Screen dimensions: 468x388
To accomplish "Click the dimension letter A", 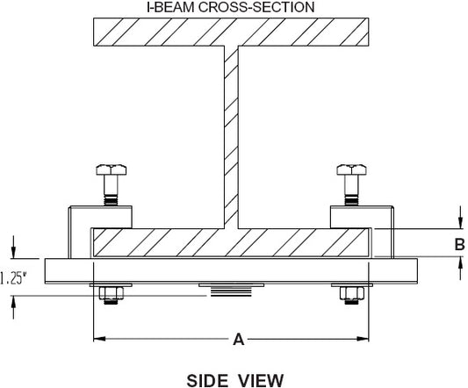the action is point(239,340).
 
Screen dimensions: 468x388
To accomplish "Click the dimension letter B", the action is point(459,244).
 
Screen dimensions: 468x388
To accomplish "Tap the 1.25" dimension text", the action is point(13,278).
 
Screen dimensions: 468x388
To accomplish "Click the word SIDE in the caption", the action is point(206,381).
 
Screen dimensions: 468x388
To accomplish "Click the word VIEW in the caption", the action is point(261,381).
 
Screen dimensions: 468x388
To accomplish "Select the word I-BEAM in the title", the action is point(170,7).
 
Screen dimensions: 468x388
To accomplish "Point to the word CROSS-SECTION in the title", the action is point(256,7).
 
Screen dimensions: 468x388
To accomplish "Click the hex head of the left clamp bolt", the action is point(111,169).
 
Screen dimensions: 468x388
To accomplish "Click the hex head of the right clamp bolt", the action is point(351,169).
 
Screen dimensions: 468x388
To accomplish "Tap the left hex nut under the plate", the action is point(111,293).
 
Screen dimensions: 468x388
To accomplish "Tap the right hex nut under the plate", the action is point(352,293).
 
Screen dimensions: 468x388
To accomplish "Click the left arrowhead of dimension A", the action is point(99,339).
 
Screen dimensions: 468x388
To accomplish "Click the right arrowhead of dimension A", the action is point(364,339).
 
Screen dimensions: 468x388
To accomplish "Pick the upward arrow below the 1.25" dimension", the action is point(13,307).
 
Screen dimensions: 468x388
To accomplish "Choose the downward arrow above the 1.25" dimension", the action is point(13,248).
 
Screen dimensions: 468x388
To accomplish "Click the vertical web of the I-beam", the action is point(231,137).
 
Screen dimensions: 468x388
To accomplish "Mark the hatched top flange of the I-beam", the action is point(231,32).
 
